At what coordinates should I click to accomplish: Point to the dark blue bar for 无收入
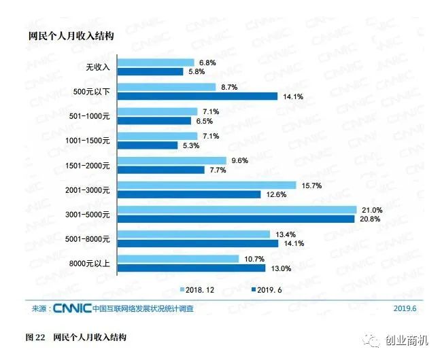coord(152,71)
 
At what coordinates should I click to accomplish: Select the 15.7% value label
coord(309,185)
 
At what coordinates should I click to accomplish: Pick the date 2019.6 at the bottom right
coord(405,308)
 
